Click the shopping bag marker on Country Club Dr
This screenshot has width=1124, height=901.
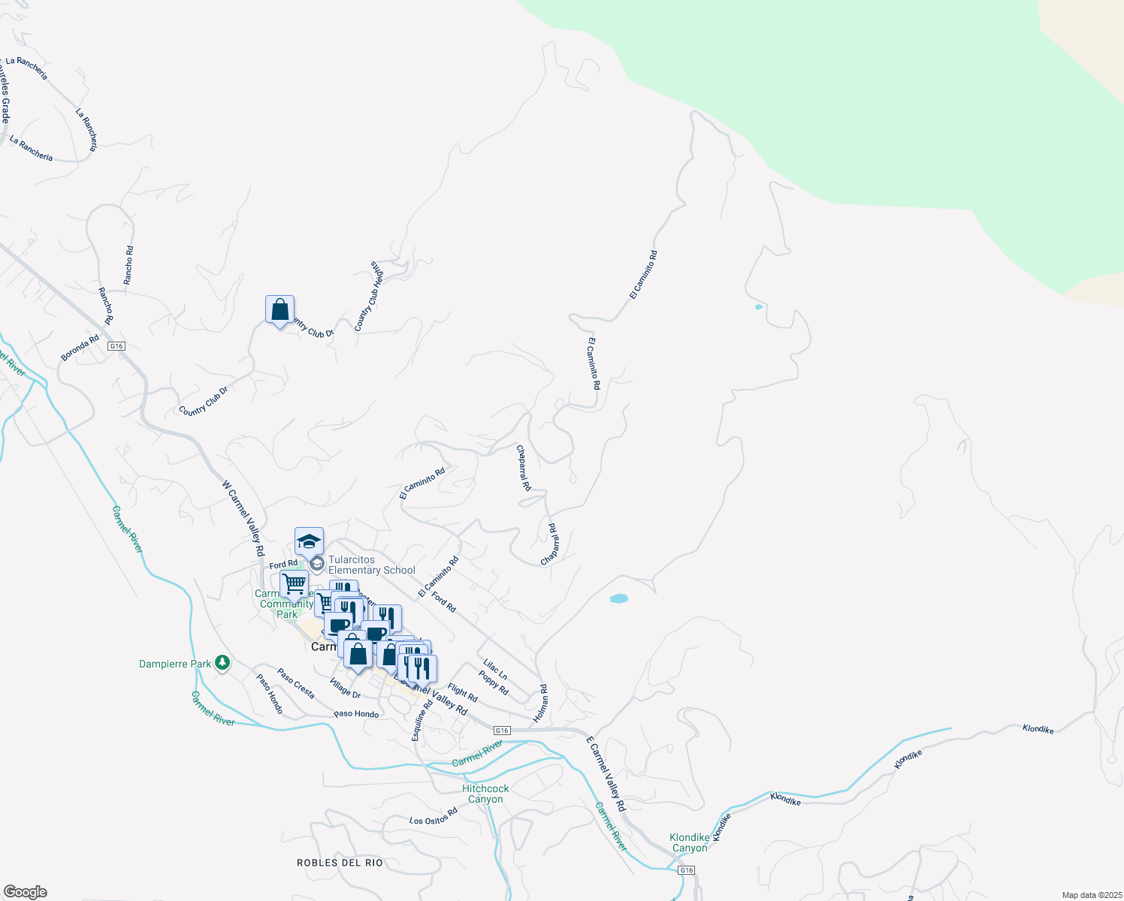pos(279,310)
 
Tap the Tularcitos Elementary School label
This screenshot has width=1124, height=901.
pos(371,565)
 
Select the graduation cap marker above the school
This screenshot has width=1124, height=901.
pos(309,541)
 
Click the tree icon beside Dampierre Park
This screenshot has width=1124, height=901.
pos(222,662)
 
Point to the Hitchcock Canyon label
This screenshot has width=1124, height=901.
pos(485,794)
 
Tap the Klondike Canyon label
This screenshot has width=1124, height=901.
pos(689,842)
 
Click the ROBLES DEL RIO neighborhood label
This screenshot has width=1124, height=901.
pos(340,863)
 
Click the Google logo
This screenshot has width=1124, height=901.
pos(25,891)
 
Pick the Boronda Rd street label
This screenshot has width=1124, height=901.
pos(80,348)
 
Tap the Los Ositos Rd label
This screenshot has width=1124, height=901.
pos(434,816)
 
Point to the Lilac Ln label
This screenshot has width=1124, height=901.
pos(495,669)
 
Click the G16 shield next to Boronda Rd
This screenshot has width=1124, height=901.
pos(116,346)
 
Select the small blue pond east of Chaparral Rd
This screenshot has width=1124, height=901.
pos(618,598)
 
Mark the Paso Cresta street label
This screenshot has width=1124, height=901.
pos(296,683)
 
